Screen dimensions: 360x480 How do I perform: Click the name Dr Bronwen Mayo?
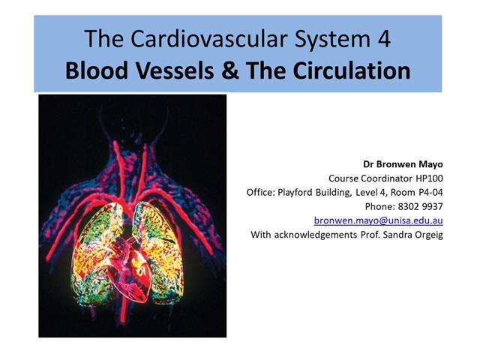tap(403, 163)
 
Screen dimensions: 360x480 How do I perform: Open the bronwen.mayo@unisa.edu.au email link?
tap(378, 220)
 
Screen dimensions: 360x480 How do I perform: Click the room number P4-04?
tap(426, 192)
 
